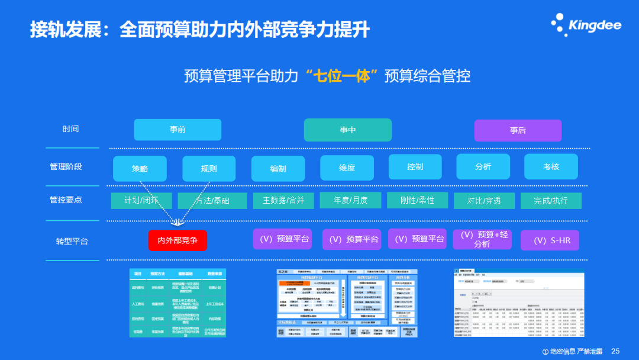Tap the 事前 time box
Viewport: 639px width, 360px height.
177,130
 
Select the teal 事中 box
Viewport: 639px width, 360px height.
347,130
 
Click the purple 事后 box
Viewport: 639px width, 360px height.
518,130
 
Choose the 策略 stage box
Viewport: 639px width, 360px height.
140,168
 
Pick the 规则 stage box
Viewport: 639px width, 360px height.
209,168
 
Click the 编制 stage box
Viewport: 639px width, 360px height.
278,168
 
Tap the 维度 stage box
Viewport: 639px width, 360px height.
347,168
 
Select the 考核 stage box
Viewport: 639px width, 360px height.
551,167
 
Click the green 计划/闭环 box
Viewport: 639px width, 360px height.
141,201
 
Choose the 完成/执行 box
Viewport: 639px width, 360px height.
550,201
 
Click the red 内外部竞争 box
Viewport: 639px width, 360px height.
177,240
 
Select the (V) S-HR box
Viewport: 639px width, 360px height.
550,240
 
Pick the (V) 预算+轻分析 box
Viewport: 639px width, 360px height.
482,239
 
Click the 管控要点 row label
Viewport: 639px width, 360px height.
66,200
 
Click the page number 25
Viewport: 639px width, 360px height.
615,351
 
